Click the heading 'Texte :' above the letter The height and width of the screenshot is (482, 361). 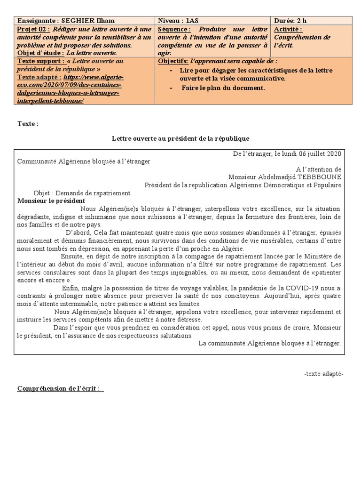(28, 124)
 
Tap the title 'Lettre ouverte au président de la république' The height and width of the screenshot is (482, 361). (180, 138)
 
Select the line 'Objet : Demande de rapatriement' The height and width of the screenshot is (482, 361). (82, 193)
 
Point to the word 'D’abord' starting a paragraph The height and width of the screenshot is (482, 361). (76, 233)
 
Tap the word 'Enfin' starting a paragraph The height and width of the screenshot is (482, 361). (70, 288)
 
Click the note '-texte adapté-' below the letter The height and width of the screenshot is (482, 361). (324, 374)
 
